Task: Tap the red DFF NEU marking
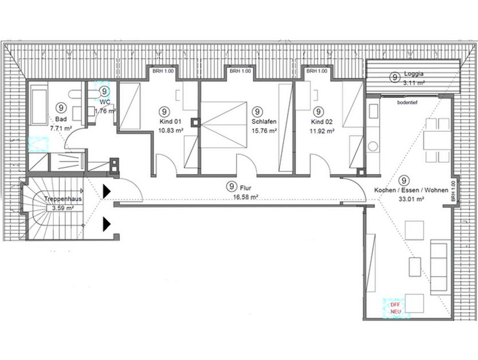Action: click(395, 307)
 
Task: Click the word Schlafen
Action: click(264, 122)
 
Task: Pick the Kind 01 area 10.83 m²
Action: click(171, 130)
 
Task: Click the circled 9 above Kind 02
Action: click(319, 111)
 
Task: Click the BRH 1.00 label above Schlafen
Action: click(240, 72)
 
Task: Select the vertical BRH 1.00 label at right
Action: click(452, 191)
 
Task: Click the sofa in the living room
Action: click(439, 267)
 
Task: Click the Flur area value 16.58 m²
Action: click(246, 197)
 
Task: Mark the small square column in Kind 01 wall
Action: click(196, 122)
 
